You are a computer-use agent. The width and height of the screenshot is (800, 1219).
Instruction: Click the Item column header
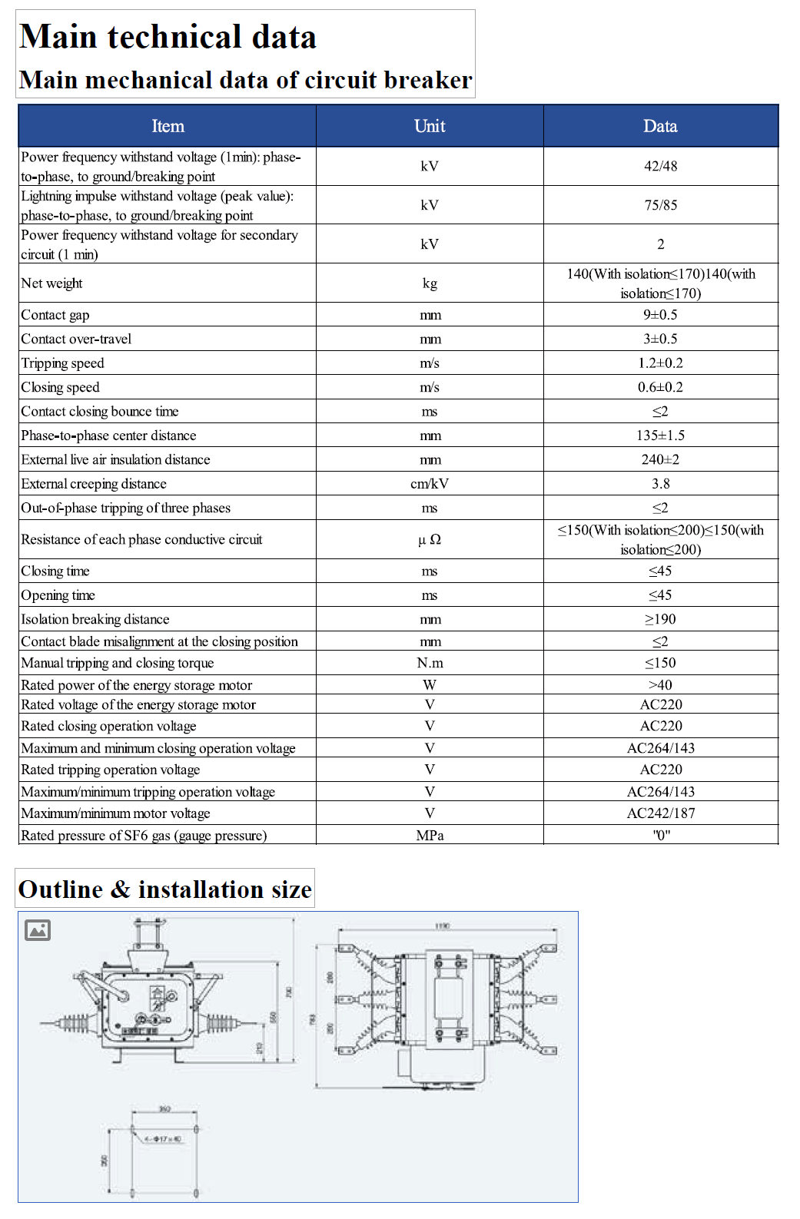(x=168, y=126)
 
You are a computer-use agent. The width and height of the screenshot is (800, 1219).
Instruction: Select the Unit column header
(x=430, y=126)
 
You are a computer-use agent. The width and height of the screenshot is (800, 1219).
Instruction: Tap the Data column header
(x=660, y=126)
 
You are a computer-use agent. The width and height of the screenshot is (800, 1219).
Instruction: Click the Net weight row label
(x=51, y=283)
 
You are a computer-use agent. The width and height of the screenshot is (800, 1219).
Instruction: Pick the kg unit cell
(x=430, y=283)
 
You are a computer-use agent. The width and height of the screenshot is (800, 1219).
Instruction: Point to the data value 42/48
(x=660, y=166)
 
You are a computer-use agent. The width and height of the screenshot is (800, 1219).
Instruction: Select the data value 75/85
(x=660, y=205)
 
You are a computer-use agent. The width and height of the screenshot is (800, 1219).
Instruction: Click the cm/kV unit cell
(x=430, y=484)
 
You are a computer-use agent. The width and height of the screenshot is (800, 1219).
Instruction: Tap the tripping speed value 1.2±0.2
(x=660, y=363)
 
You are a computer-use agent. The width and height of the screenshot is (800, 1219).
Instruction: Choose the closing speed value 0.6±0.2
(x=660, y=387)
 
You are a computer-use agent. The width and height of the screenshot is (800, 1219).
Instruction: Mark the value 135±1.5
(x=660, y=436)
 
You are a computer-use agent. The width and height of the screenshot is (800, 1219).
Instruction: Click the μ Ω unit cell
(x=430, y=539)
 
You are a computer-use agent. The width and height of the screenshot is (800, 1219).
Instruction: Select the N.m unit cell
(x=430, y=663)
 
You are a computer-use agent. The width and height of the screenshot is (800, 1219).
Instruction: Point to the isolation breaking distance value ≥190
(x=660, y=619)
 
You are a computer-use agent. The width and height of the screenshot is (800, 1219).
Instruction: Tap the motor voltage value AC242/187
(x=660, y=813)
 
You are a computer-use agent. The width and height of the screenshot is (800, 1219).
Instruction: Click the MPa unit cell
(x=430, y=836)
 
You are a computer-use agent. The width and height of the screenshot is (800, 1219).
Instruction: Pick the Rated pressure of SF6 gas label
(x=144, y=836)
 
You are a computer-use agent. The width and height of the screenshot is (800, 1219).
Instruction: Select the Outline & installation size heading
(x=165, y=889)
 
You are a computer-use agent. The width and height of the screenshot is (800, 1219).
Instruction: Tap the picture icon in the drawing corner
(x=38, y=930)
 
